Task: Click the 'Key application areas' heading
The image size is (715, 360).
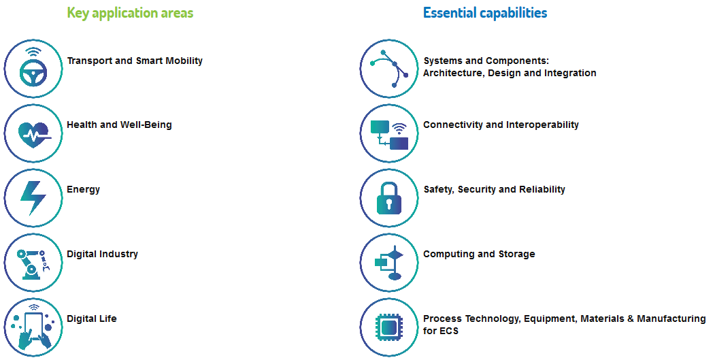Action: pos(130,13)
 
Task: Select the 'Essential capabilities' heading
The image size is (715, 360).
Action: pos(485,13)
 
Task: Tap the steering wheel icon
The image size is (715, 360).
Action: pos(33,69)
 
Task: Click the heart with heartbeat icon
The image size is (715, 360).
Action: pos(34,133)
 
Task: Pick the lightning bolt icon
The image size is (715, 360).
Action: pos(33,198)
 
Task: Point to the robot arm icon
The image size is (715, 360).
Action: pos(32,263)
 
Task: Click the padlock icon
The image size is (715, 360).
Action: pos(389,199)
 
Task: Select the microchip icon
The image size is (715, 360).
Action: pos(389,327)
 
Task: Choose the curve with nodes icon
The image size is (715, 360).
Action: pos(389,69)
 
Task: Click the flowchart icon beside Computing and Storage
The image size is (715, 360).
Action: pos(389,263)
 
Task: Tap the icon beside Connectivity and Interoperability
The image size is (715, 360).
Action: pos(389,135)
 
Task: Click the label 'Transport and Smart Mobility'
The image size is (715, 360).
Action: pos(135,61)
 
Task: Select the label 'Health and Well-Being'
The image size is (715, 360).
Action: pos(119,125)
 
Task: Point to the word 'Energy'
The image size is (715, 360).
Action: pos(83,190)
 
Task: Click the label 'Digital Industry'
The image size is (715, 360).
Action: pos(102,254)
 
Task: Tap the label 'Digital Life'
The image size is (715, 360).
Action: pos(92,318)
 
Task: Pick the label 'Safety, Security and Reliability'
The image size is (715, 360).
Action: pos(495,189)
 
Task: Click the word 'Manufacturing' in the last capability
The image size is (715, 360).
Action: pos(671,318)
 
